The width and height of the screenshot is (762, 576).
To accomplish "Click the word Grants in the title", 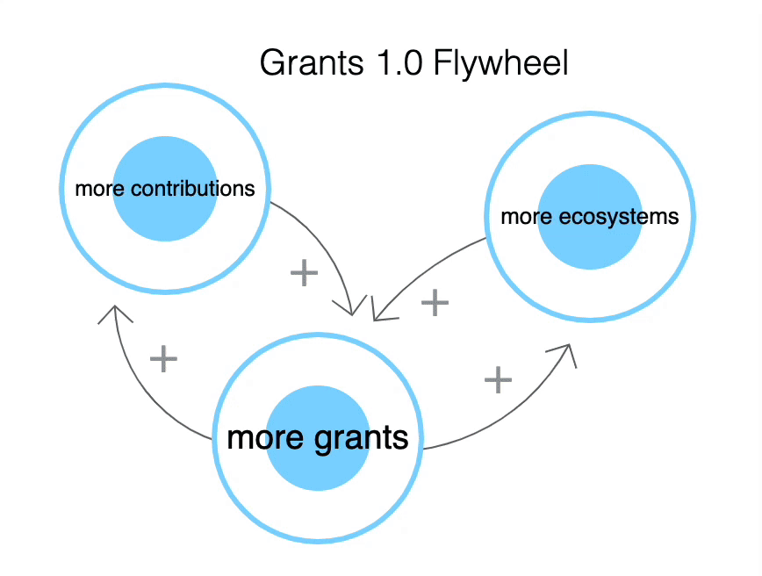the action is pos(312,62).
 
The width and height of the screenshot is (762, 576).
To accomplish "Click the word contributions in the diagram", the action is pos(193,188).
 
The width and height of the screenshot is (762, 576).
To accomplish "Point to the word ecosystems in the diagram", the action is pos(619,217).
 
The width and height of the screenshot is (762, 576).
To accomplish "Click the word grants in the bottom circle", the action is pos(361,439).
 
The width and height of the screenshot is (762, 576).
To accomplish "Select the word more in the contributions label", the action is pos(99,189).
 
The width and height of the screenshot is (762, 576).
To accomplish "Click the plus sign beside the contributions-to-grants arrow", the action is pos(305,273).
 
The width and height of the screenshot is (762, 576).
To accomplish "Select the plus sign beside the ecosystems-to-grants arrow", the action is pos(435,302).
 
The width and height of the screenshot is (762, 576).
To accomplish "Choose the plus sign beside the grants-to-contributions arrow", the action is pos(164,359).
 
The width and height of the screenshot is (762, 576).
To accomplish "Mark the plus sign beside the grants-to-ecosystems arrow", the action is pos(498,379).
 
